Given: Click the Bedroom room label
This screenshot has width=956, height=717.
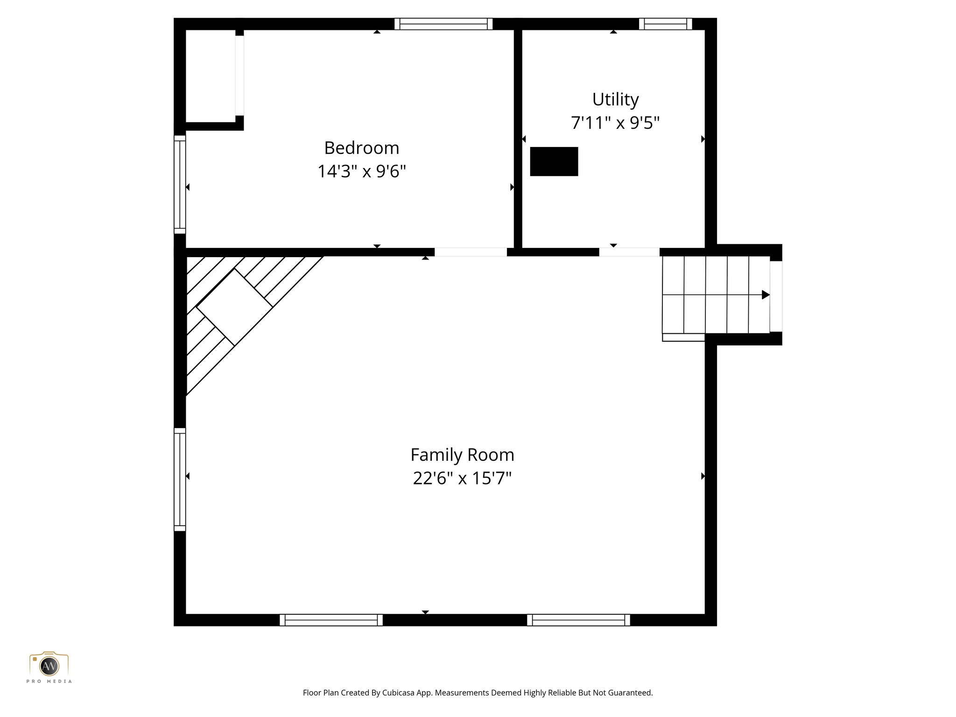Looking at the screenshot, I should click(362, 148).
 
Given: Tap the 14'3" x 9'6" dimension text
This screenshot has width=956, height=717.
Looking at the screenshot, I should click(362, 171).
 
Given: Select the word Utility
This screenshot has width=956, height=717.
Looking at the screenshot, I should click(615, 99).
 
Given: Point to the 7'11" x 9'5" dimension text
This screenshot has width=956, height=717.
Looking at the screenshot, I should click(615, 123).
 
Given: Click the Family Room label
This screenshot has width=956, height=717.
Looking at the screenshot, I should click(462, 455).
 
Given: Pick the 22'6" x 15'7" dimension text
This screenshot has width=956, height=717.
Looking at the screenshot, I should click(462, 478).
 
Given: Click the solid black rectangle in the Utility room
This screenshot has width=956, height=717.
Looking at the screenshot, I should click(554, 162).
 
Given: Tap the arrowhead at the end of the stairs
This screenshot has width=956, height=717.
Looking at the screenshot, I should click(765, 295).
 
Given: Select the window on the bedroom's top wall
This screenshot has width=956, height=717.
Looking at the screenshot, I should click(443, 24).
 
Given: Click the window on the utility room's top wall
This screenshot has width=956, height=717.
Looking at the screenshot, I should click(665, 24).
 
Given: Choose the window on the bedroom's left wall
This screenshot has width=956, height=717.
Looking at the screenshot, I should click(180, 184).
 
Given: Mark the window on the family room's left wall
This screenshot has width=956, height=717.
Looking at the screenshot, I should click(180, 479).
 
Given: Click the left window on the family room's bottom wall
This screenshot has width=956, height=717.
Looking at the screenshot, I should click(331, 620).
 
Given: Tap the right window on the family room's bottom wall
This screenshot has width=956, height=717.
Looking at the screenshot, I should click(578, 620).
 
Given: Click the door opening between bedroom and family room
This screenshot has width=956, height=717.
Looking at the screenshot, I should click(471, 252).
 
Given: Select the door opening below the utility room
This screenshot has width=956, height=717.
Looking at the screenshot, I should click(629, 252).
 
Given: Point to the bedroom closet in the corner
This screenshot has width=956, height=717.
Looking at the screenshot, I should click(210, 76).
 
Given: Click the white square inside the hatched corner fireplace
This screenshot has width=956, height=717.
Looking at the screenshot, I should click(234, 307).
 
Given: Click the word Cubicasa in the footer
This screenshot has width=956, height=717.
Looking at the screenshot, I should click(399, 693).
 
